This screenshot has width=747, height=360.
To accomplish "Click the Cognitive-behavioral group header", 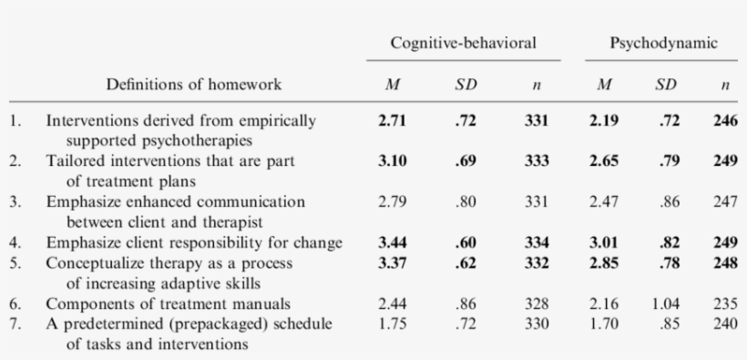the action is (x=462, y=43).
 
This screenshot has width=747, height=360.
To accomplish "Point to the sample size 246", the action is (x=725, y=119).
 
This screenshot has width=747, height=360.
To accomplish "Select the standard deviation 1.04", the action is (x=666, y=303).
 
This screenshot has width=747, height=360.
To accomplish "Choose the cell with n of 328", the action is (x=537, y=303).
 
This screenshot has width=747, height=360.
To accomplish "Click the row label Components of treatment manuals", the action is (x=169, y=303).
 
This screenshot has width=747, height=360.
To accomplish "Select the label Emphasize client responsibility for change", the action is (x=194, y=242).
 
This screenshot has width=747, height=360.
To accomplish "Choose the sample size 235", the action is (x=725, y=303).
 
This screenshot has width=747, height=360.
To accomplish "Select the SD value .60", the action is (x=466, y=242).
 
